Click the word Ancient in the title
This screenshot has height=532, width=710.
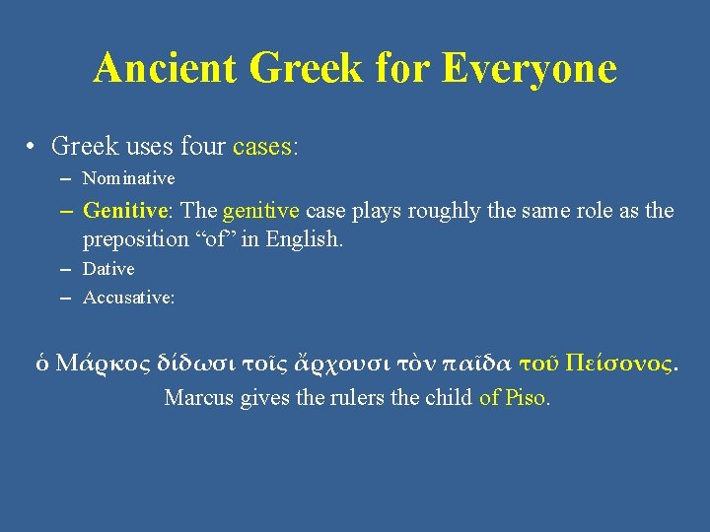click(165, 69)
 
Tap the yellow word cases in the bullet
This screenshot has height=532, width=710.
click(262, 147)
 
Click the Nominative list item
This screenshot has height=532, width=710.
click(128, 178)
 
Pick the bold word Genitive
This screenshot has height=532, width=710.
click(124, 210)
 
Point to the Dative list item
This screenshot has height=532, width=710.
click(108, 269)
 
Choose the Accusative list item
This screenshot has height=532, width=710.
click(128, 298)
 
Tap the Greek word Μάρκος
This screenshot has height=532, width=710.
click(97, 363)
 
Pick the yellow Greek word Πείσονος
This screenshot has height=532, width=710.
click(618, 363)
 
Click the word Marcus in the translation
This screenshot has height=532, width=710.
click(197, 398)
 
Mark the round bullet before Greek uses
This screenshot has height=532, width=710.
click(33, 148)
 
